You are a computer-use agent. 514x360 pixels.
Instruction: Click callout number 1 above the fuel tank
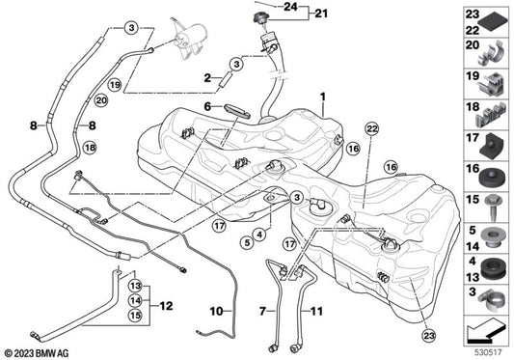point(323,97)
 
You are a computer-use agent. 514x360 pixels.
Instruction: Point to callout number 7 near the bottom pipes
point(261,311)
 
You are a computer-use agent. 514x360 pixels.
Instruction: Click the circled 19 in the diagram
point(115,85)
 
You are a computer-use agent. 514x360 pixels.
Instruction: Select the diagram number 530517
point(484,349)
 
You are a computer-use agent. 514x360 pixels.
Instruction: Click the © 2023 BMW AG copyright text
point(40,350)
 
